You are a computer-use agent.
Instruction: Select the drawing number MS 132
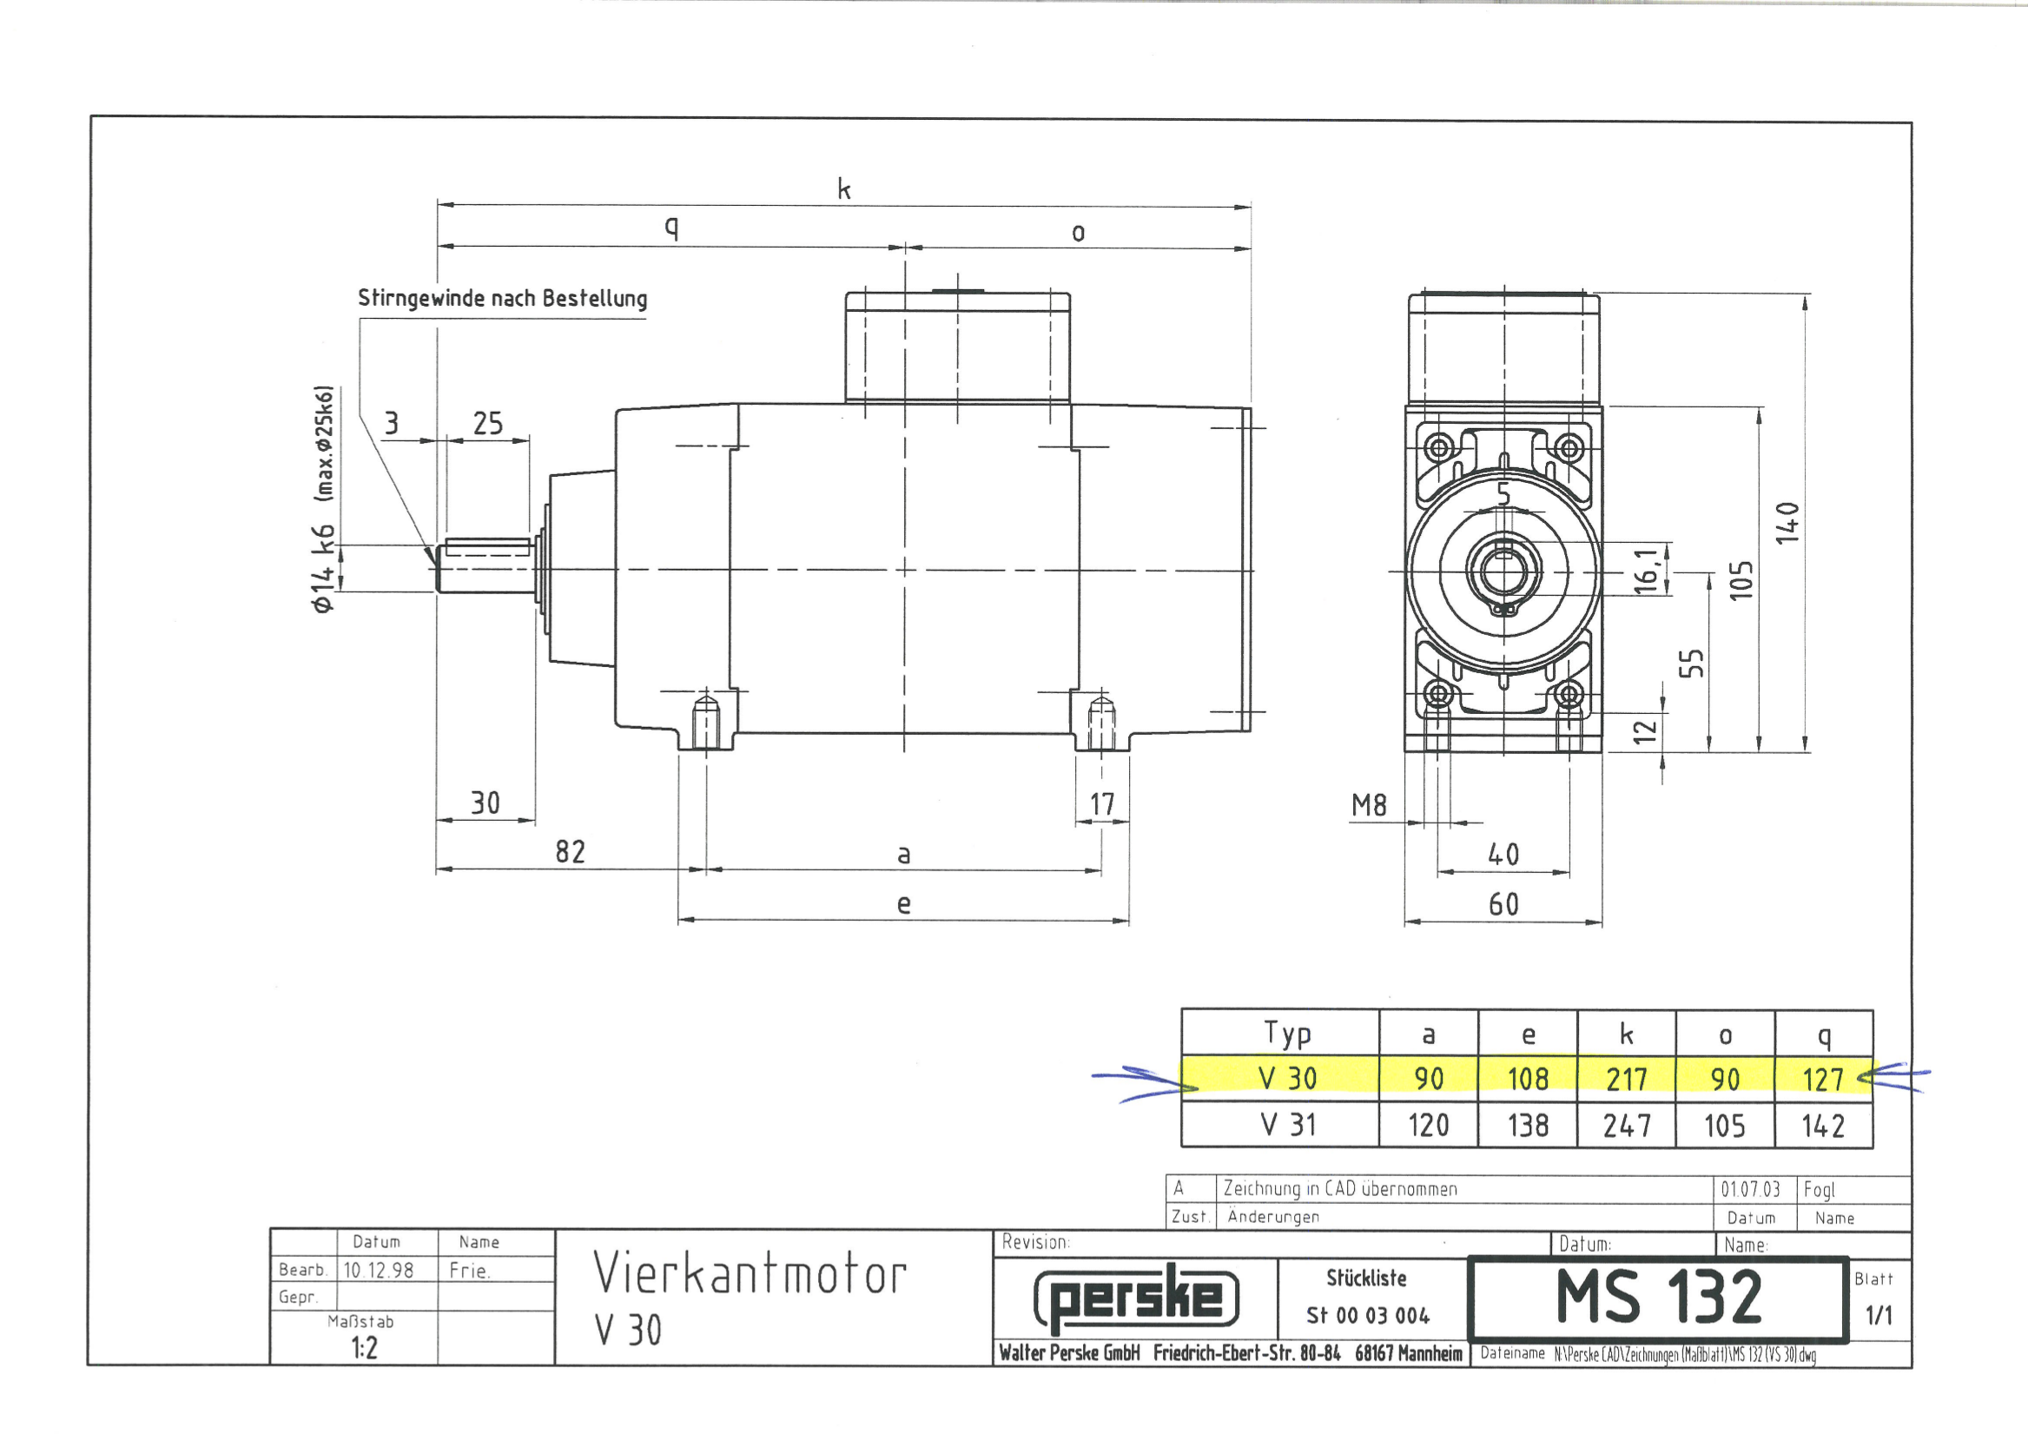(1659, 1297)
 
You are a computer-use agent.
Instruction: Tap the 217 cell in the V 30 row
(1626, 1079)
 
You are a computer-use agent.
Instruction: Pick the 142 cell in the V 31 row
(1823, 1126)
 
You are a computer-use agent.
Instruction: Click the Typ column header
(1288, 1034)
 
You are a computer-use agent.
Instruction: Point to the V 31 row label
(1289, 1125)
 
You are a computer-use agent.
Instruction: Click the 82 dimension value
(571, 852)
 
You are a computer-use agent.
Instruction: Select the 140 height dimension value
(1787, 523)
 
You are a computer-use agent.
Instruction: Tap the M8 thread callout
(1369, 805)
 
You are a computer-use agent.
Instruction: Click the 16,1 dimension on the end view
(1646, 570)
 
